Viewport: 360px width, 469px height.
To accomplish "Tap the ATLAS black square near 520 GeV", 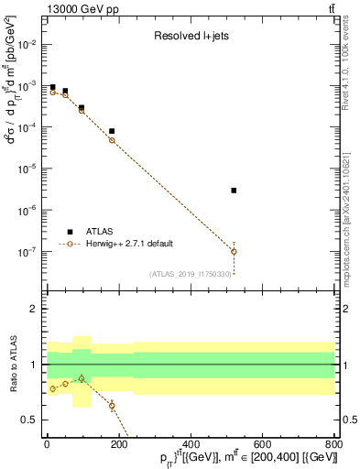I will tap(235, 191).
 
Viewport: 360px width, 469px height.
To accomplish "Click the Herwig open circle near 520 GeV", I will tap(235, 251).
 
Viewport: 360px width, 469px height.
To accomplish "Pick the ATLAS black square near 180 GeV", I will tap(112, 131).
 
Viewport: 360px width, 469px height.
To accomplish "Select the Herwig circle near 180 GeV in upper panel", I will tap(112, 140).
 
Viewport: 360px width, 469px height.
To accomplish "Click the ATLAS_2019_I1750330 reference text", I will tap(190, 274).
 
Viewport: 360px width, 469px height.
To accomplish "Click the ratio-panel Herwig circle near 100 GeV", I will tap(82, 378).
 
